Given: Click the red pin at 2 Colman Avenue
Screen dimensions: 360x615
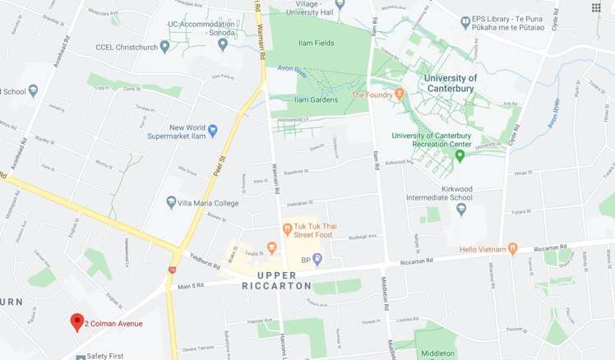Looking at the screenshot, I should (77, 321).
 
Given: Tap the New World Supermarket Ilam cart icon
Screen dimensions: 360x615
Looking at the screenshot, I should (212, 130).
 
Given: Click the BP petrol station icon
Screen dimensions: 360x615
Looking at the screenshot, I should (317, 260).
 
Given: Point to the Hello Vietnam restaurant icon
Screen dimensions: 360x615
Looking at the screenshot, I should (511, 247).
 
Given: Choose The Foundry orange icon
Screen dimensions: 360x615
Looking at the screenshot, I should (399, 95).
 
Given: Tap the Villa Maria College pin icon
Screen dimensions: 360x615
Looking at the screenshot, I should (171, 202).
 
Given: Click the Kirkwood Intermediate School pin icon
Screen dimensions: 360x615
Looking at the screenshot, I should (461, 209).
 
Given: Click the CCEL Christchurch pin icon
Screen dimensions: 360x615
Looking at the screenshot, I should (164, 46).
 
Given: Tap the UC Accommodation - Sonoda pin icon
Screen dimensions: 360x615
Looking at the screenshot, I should (222, 44).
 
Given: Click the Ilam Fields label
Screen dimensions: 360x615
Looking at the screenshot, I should (317, 43).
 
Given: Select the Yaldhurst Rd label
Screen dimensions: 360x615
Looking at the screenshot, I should (206, 260).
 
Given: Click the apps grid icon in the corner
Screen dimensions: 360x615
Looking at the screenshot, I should (595, 8).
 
